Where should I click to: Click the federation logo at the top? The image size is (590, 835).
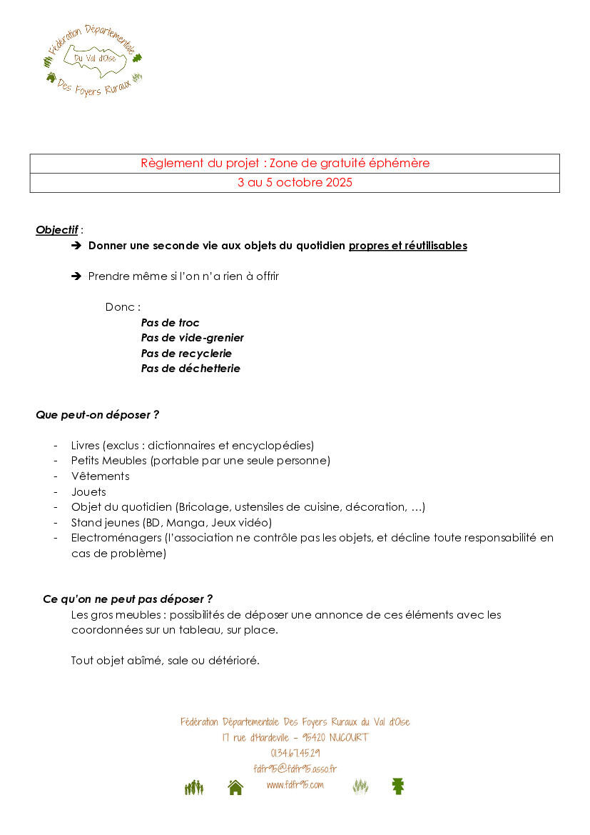pyautogui.click(x=93, y=61)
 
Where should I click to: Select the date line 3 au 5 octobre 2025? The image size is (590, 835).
pyautogui.click(x=295, y=183)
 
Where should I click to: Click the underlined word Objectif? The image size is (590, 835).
pyautogui.click(x=57, y=230)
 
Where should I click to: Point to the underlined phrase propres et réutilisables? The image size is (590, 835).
pyautogui.click(x=407, y=246)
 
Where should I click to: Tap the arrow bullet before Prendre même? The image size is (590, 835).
pyautogui.click(x=77, y=276)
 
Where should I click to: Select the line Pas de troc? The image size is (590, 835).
pyautogui.click(x=170, y=323)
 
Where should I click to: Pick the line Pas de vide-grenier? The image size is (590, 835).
pyautogui.click(x=192, y=338)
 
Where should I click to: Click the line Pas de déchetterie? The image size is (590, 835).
pyautogui.click(x=190, y=369)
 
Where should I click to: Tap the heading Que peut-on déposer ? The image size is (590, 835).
pyautogui.click(x=97, y=414)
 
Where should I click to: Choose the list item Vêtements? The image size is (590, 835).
pyautogui.click(x=100, y=476)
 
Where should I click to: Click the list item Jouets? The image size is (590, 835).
pyautogui.click(x=88, y=492)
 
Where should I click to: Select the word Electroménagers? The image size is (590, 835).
pyautogui.click(x=116, y=538)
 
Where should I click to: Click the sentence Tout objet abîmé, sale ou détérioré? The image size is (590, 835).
pyautogui.click(x=165, y=661)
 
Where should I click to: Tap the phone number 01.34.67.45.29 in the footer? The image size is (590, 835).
pyautogui.click(x=295, y=753)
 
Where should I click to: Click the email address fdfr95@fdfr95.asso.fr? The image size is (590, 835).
pyautogui.click(x=295, y=769)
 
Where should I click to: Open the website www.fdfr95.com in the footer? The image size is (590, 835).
pyautogui.click(x=295, y=784)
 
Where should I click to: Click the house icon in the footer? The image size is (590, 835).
pyautogui.click(x=235, y=787)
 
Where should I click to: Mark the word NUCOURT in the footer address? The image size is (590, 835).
pyautogui.click(x=349, y=737)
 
